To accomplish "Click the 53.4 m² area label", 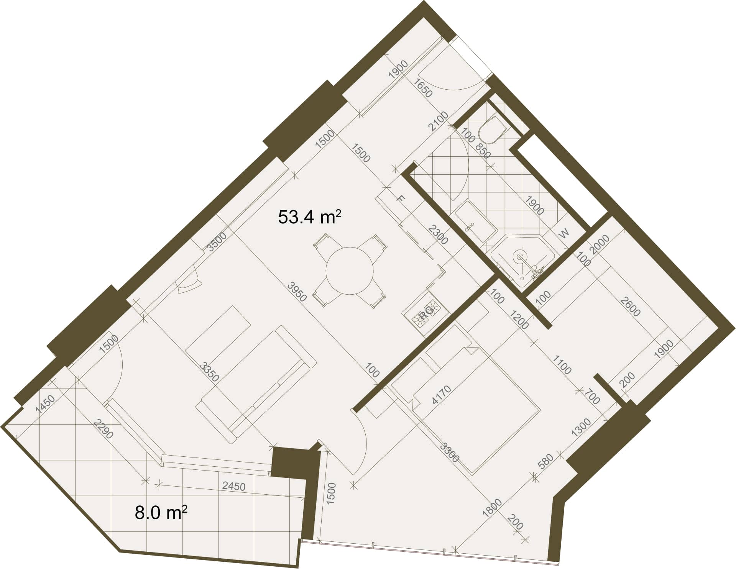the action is tap(309, 217).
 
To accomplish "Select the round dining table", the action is tap(350, 271).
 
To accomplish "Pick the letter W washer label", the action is tap(564, 233).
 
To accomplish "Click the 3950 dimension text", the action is tap(297, 292).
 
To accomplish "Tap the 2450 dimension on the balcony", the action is tap(234, 486).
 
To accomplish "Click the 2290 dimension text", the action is tap(103, 429).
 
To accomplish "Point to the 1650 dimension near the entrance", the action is tap(424, 88).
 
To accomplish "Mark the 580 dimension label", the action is tap(545, 461).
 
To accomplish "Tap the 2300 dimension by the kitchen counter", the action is tap(438, 235).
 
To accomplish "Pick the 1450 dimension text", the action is tap(45, 404).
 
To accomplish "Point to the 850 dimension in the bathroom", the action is tap(483, 151).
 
